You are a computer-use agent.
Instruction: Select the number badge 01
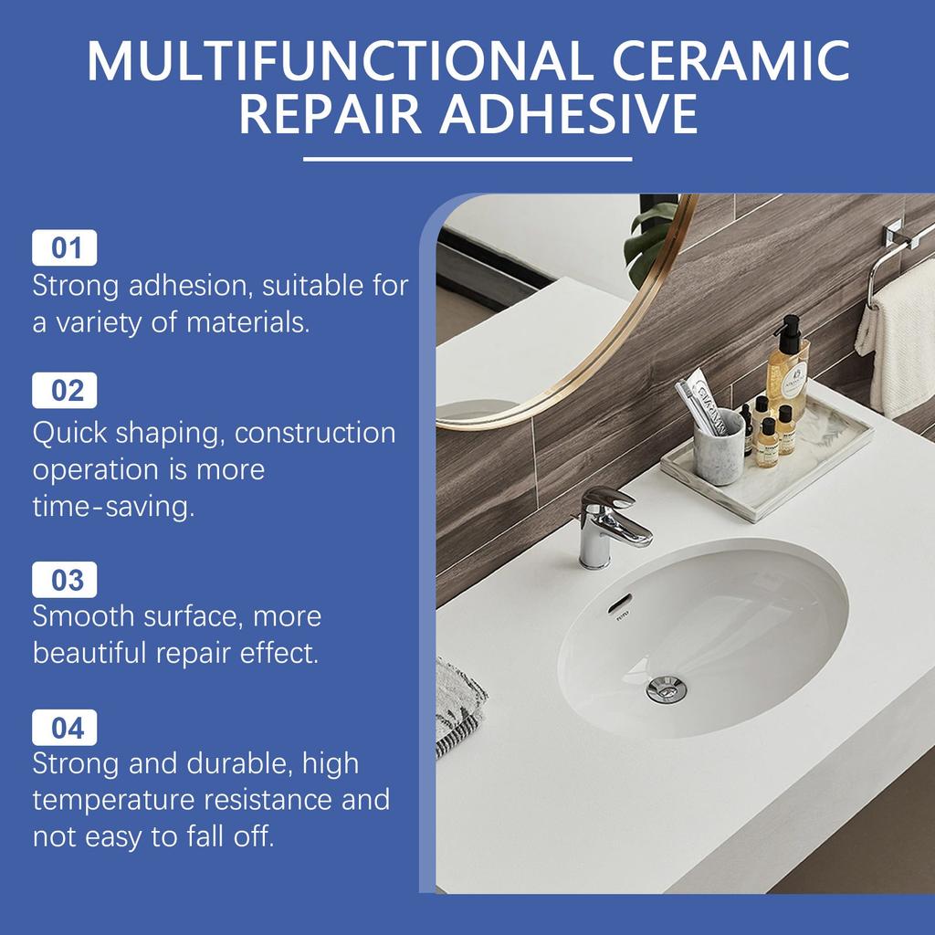pyautogui.click(x=65, y=247)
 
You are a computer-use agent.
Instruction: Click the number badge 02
pyautogui.click(x=65, y=391)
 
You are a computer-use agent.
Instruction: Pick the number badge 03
pyautogui.click(x=65, y=581)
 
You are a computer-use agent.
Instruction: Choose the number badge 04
pyautogui.click(x=65, y=729)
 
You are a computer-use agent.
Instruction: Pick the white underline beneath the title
pyautogui.click(x=467, y=159)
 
